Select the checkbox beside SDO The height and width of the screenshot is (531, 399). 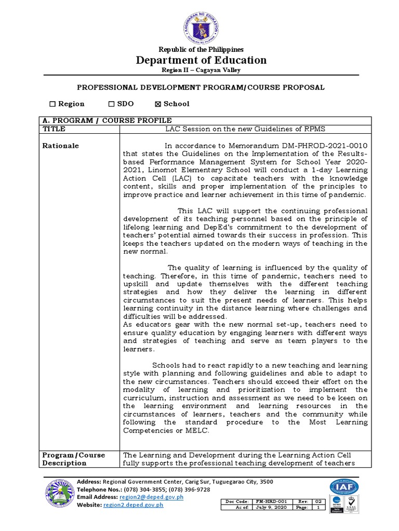tap(111, 104)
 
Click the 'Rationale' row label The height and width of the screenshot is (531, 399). tap(60, 146)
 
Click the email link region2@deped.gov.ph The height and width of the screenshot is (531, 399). tap(151, 497)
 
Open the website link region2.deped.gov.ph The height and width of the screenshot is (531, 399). tap(133, 505)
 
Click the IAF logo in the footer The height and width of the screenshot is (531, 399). tap(343, 487)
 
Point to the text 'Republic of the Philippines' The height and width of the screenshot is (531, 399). tap(201, 50)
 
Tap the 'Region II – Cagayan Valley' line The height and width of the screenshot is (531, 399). tap(201, 70)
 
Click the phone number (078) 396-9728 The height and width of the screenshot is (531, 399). tap(189, 489)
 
